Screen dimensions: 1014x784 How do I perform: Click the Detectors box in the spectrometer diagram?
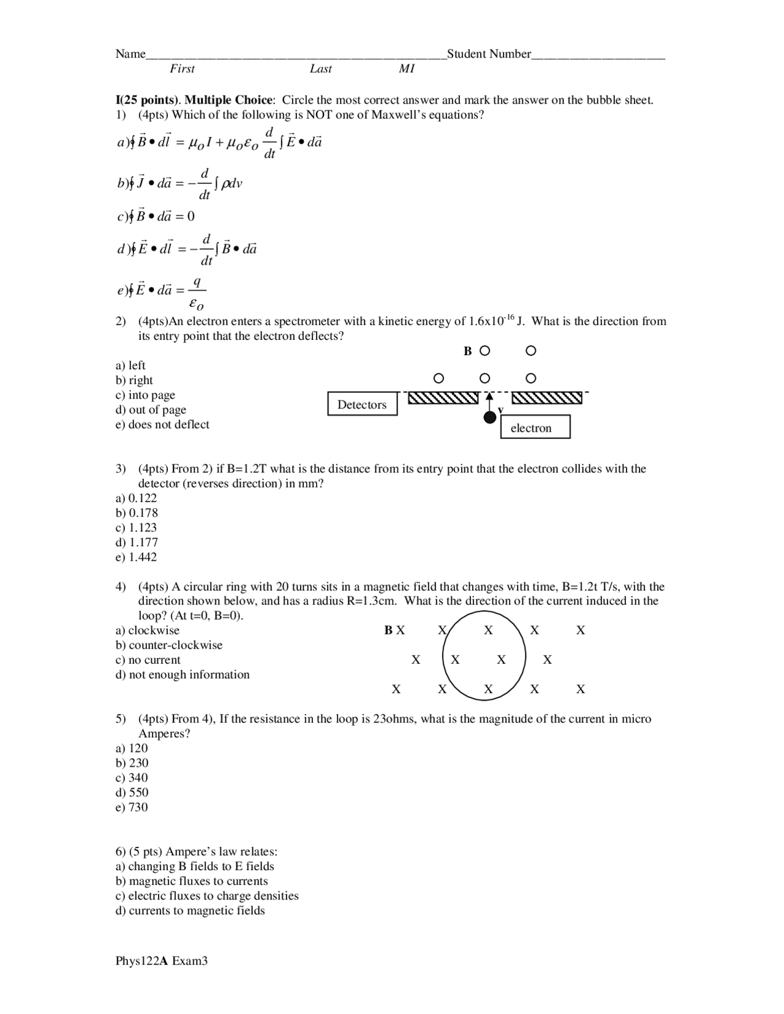click(362, 404)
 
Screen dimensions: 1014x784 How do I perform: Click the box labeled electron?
click(535, 427)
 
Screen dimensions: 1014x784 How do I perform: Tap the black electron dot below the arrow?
click(489, 418)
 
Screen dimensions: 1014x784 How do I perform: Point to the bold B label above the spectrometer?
click(468, 351)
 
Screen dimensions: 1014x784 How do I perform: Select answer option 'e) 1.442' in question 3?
click(137, 557)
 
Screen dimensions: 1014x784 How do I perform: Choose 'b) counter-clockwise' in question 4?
click(169, 645)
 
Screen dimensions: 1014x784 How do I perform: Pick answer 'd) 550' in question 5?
click(132, 792)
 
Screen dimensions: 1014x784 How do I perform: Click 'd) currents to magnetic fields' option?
click(190, 911)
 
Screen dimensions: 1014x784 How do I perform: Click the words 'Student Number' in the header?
click(489, 54)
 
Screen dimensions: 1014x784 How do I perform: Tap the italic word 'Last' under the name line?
click(320, 69)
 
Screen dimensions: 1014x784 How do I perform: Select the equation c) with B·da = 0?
click(157, 216)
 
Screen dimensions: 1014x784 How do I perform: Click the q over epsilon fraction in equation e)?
click(197, 292)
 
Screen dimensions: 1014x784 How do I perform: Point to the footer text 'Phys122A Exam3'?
click(162, 961)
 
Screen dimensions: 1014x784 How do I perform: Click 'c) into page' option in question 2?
click(146, 395)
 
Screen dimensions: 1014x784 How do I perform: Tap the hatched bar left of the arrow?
click(443, 398)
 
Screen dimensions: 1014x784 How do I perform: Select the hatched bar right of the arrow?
click(546, 398)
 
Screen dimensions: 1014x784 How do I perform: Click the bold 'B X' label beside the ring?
click(394, 630)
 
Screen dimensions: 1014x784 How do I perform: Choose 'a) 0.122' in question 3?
click(137, 498)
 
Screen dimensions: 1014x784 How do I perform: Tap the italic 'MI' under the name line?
click(407, 69)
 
